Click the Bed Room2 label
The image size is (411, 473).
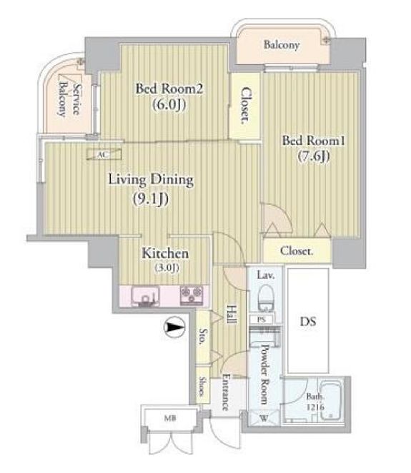169,88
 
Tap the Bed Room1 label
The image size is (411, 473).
313,141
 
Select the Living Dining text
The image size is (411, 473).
151,180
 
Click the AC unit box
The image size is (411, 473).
104,154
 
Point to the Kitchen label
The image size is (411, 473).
165,253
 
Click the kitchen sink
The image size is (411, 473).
145,296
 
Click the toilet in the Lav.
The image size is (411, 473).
266,297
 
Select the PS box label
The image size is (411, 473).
262,319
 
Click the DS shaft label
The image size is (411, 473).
308,322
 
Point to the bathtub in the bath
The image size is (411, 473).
331,400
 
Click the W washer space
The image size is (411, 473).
264,418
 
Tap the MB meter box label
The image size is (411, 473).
170,418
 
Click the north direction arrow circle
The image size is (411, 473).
174,327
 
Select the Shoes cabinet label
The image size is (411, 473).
202,386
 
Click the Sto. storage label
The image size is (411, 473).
203,337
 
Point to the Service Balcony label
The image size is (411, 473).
69,100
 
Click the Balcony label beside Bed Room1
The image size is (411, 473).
282,45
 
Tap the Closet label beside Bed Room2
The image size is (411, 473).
246,106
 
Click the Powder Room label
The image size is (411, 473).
264,374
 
